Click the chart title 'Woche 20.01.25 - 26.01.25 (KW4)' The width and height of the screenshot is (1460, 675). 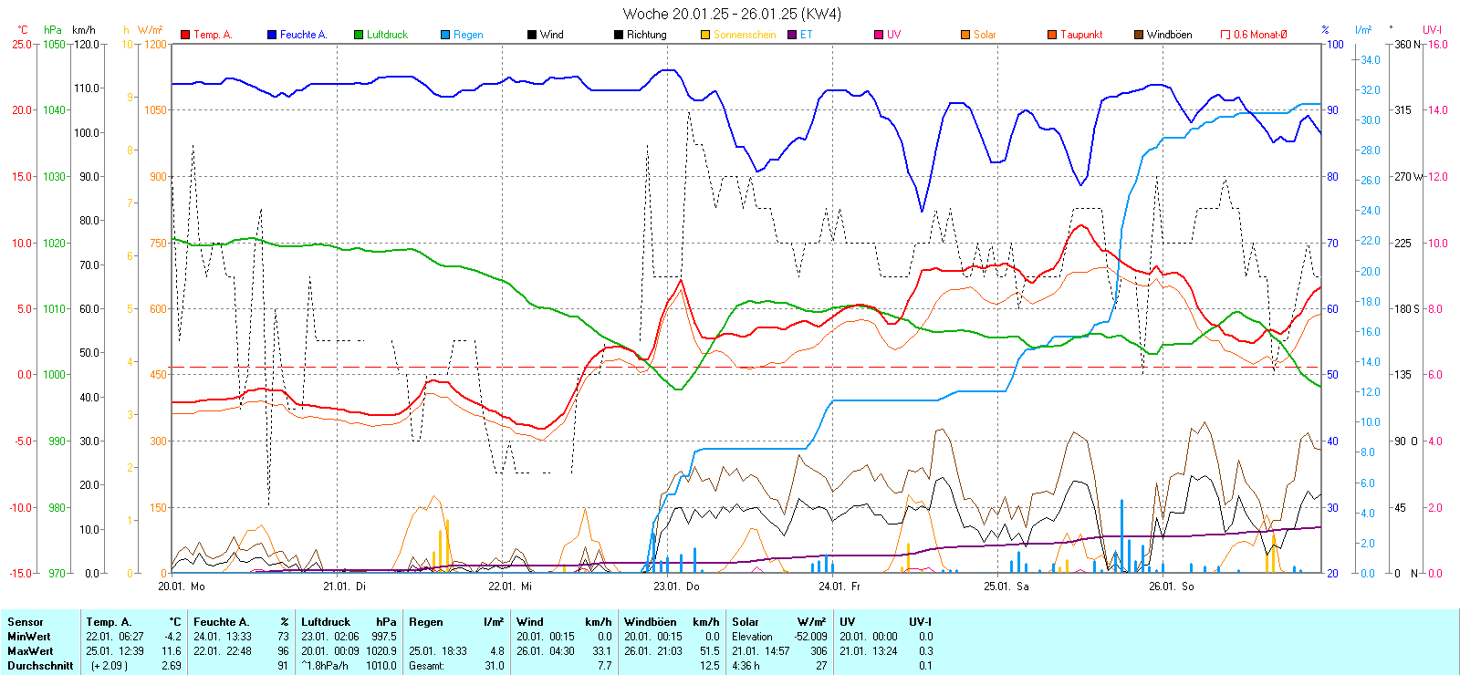click(732, 14)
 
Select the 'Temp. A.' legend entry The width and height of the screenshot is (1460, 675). click(212, 35)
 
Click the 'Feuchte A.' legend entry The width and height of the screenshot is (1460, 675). click(302, 35)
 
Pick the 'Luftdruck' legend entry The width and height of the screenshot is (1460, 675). click(386, 35)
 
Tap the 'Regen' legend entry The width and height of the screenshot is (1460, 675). click(467, 35)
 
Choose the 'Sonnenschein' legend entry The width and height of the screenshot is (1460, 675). click(744, 35)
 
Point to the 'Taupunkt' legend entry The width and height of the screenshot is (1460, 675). click(1080, 35)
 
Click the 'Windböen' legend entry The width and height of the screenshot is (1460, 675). click(1168, 35)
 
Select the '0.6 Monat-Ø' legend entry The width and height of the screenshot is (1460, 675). click(1259, 35)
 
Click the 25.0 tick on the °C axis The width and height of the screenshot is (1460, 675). click(21, 44)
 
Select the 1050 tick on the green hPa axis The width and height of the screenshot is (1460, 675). click(54, 44)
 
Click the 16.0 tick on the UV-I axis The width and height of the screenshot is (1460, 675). click(1438, 44)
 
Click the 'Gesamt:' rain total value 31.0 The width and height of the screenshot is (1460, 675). click(494, 666)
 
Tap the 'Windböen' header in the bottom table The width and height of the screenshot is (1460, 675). click(650, 622)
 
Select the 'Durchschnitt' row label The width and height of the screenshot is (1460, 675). click(40, 666)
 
